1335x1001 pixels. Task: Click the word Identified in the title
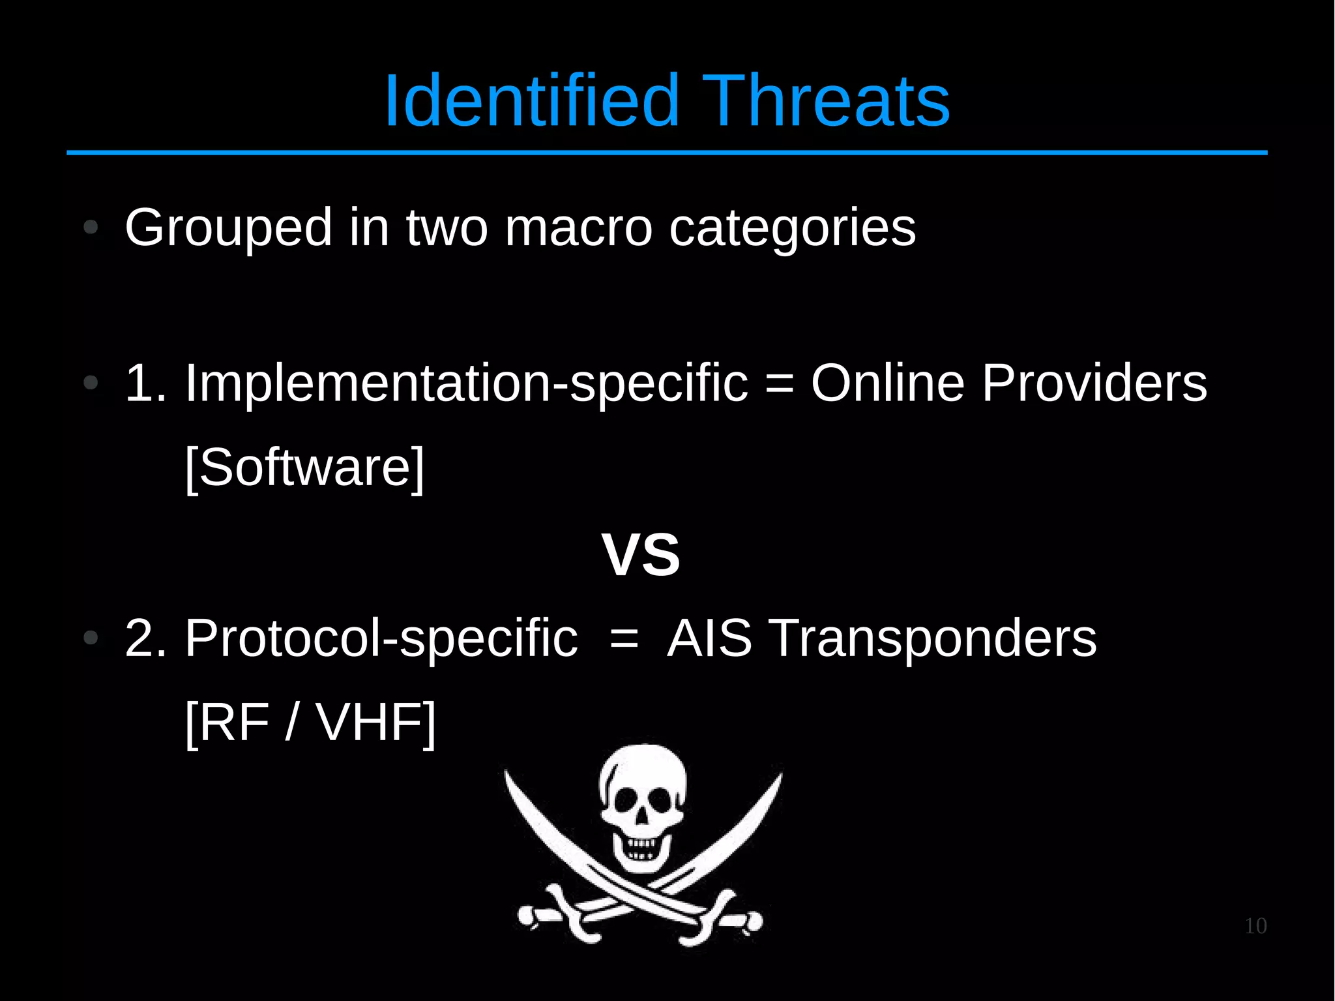point(531,101)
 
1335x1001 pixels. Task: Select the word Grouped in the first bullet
point(228,228)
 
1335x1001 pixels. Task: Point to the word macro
point(578,228)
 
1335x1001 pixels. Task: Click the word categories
point(792,228)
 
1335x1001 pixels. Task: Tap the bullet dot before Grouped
point(91,228)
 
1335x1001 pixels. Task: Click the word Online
point(887,383)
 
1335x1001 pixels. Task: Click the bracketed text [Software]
point(304,468)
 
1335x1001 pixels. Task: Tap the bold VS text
point(641,555)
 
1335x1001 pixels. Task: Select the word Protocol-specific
point(381,638)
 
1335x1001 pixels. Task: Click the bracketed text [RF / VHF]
point(310,723)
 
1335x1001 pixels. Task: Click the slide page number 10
point(1255,926)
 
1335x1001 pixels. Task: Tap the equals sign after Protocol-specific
point(624,638)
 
